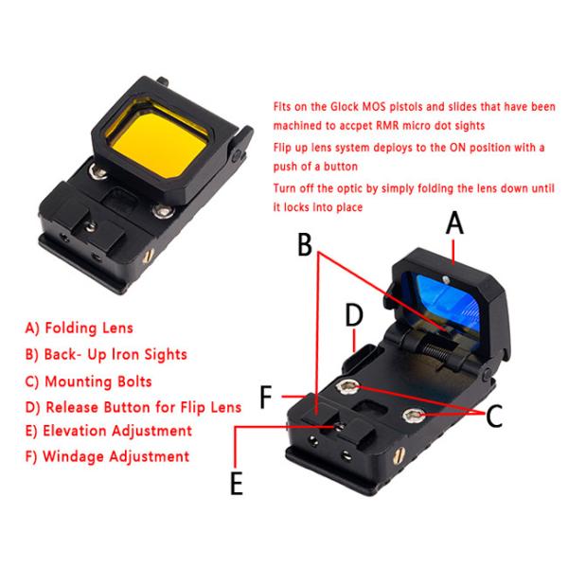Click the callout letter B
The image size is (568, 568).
[305, 244]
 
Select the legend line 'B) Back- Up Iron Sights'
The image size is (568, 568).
[106, 354]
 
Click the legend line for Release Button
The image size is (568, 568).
[133, 406]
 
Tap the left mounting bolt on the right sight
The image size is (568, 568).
[348, 385]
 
